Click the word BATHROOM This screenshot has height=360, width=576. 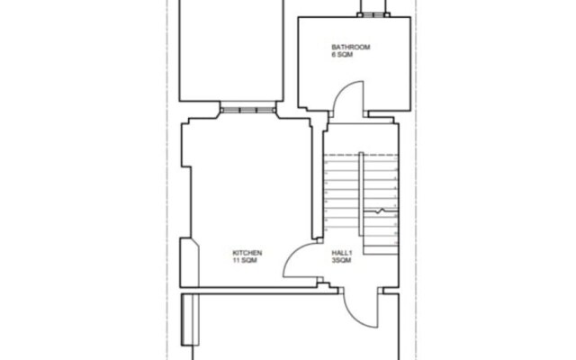(350, 47)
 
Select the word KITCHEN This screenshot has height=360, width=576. (247, 253)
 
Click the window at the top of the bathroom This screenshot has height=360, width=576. (372, 13)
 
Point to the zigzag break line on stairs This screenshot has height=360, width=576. (381, 211)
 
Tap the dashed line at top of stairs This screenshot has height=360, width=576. (360, 154)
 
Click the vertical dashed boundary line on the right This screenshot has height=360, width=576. (417, 180)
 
